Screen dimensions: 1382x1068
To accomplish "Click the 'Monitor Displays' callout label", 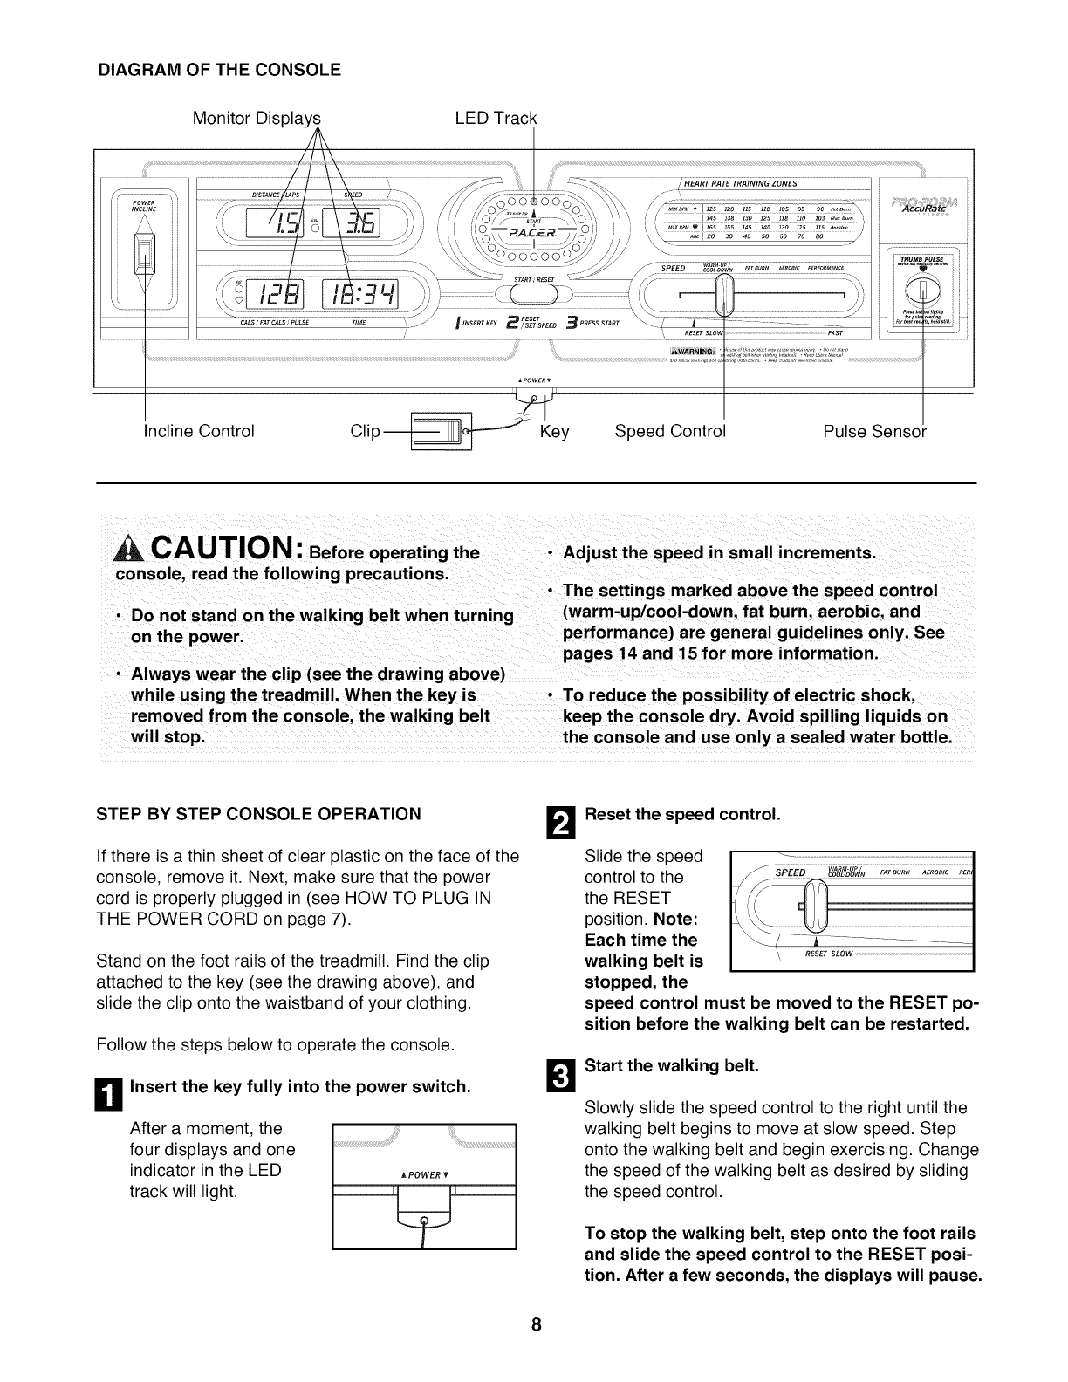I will coord(257,118).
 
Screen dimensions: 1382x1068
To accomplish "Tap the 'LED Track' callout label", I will coord(496,118).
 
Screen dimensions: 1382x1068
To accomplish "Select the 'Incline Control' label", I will coord(199,431).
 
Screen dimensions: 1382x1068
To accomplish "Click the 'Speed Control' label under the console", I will coord(670,431).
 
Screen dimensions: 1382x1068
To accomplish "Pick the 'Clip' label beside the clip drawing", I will coord(366,431).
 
